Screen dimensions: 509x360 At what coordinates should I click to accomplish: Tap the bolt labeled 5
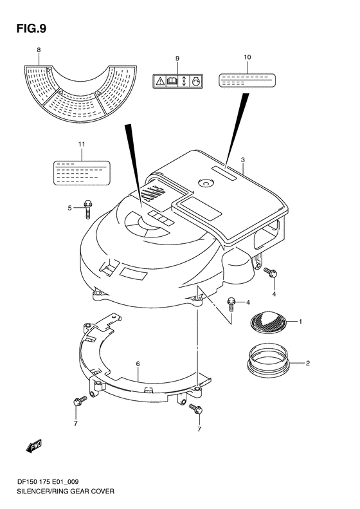(x=89, y=207)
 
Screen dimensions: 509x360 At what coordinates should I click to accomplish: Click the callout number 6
(x=138, y=364)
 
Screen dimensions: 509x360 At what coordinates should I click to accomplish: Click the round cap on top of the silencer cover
(x=206, y=183)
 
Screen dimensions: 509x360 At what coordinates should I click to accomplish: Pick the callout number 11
(x=81, y=145)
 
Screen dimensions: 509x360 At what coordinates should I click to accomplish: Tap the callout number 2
(x=307, y=364)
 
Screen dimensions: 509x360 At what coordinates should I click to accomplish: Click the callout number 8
(x=38, y=50)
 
